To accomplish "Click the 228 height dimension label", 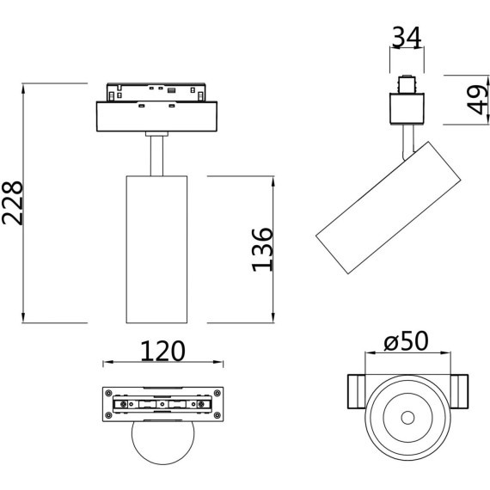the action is click(13, 203).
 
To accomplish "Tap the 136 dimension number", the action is click(262, 249).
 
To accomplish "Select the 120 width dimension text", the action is click(162, 351).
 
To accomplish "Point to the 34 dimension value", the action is click(407, 38).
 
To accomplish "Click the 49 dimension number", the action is click(477, 100).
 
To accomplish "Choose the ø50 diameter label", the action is click(407, 341).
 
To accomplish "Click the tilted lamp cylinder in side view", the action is click(388, 208).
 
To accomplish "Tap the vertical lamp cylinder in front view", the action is click(156, 249).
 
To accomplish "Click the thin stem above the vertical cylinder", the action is click(156, 156).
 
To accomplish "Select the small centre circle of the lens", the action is click(407, 418).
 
